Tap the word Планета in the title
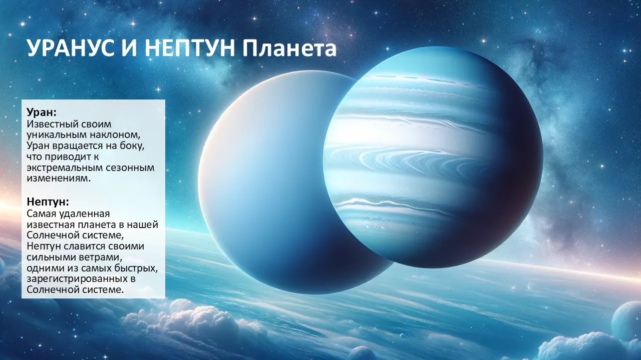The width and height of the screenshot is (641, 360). (289, 48)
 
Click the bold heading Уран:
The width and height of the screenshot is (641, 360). (42, 112)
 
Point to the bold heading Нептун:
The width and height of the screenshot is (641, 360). (48, 201)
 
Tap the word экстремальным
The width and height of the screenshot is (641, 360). (65, 167)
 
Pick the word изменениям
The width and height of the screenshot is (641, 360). (59, 178)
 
